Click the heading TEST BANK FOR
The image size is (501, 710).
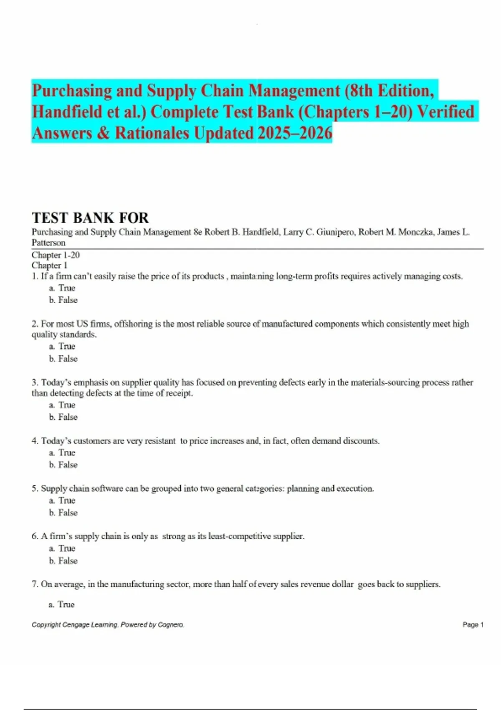[x=90, y=218]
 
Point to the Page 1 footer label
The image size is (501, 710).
[x=473, y=625]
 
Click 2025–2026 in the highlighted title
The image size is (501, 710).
[x=295, y=133]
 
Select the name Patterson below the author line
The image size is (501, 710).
[x=48, y=243]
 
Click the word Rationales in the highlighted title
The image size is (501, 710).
[x=153, y=133]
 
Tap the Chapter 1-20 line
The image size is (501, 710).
[x=56, y=255]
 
